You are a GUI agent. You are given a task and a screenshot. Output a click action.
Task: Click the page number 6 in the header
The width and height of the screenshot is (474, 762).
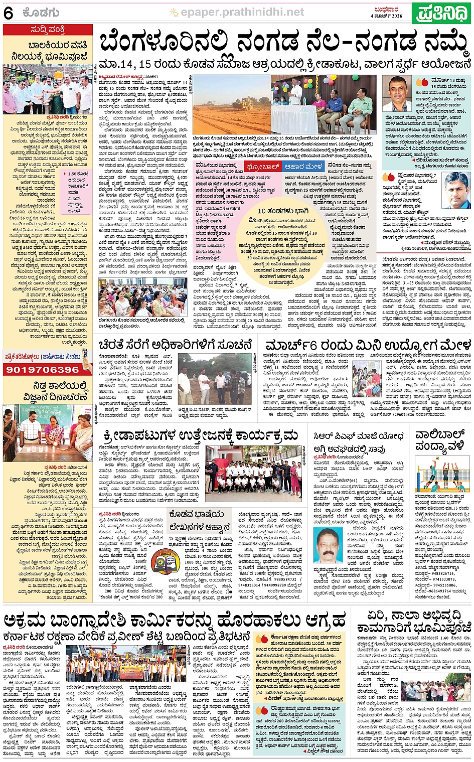pyautogui.click(x=9, y=14)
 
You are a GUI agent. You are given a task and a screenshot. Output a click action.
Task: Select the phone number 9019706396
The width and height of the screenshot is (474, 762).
pyautogui.click(x=43, y=370)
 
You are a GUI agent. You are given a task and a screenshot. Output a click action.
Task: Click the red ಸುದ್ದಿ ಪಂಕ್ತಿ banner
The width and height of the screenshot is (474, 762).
pyautogui.click(x=48, y=30)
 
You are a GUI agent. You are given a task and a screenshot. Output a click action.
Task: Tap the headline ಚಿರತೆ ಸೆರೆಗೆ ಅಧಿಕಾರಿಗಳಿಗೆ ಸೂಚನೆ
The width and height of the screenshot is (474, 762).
pyautogui.click(x=175, y=346)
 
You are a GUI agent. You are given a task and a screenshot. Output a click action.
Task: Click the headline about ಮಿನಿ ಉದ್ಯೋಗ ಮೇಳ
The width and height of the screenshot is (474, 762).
pyautogui.click(x=368, y=346)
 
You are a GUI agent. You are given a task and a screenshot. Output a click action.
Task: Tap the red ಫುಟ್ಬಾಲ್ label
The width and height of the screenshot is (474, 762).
pyautogui.click(x=263, y=167)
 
